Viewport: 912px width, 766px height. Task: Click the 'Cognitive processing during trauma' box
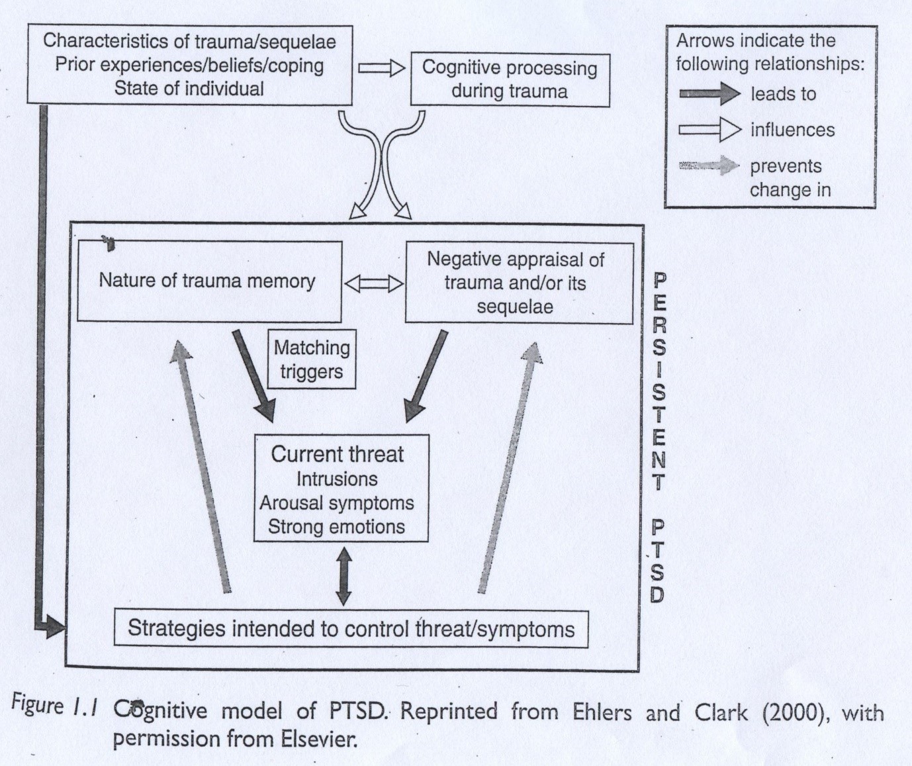[510, 80]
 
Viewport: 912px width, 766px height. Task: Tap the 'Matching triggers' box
[312, 359]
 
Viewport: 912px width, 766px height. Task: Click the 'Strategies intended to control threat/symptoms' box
[351, 628]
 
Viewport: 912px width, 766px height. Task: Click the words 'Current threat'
[337, 454]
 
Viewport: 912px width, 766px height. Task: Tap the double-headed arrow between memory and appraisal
[374, 284]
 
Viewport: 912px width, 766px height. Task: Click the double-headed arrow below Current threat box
[343, 574]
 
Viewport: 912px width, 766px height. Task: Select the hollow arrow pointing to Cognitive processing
[381, 68]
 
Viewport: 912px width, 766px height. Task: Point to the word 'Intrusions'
[337, 479]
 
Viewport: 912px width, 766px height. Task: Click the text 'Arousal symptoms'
[337, 503]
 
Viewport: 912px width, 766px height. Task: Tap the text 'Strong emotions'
[337, 527]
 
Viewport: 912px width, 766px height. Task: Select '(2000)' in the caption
[789, 712]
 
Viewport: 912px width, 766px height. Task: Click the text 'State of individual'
[189, 89]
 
